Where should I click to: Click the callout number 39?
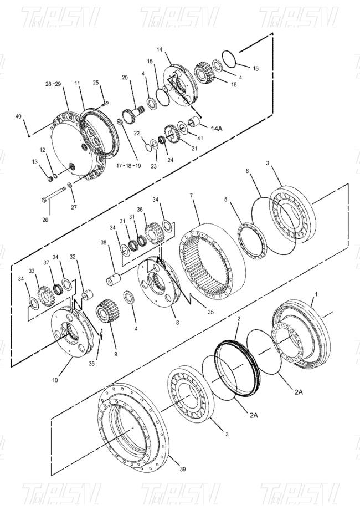(x=183, y=469)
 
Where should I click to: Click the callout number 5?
(x=225, y=198)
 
